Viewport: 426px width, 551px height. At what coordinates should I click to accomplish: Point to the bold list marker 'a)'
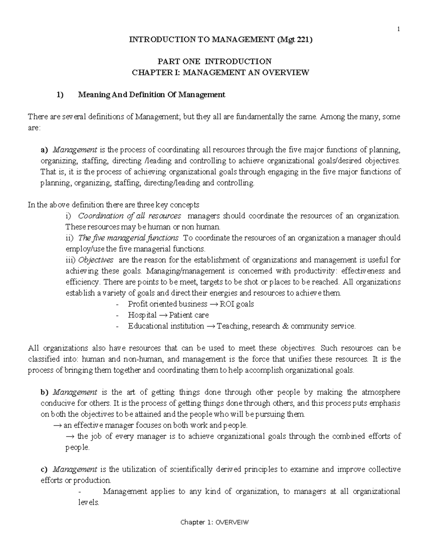[45, 150]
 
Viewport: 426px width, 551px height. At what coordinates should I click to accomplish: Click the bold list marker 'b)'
[44, 392]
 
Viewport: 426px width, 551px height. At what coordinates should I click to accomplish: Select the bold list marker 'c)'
[44, 469]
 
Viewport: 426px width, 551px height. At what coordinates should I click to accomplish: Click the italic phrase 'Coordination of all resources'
[130, 216]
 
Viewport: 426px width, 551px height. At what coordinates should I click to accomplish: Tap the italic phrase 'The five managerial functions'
[128, 238]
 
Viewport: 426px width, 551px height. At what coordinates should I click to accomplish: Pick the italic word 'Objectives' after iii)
[96, 260]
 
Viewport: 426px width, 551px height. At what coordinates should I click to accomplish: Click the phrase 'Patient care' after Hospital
[189, 315]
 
